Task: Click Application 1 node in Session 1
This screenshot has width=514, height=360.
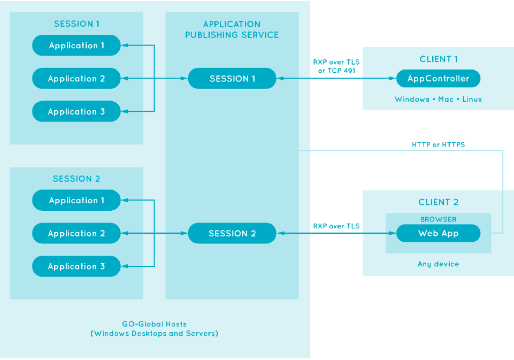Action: [x=76, y=45]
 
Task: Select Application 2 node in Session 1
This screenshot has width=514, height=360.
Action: [x=76, y=79]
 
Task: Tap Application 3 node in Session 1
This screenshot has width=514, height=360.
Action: [x=76, y=112]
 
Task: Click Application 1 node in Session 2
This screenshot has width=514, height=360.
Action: [x=76, y=201]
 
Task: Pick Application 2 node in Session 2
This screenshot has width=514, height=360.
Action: [x=76, y=234]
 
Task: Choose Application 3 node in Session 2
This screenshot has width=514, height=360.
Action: [x=76, y=266]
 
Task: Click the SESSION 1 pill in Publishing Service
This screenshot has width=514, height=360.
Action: [x=232, y=79]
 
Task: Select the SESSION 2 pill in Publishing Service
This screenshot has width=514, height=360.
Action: [x=232, y=234]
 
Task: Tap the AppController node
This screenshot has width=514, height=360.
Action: [x=438, y=79]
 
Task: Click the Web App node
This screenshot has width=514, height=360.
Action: [x=438, y=234]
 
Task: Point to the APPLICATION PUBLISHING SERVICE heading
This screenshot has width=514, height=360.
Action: [x=232, y=29]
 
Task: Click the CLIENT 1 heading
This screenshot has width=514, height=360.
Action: [x=439, y=59]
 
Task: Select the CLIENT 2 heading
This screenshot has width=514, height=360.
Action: [x=438, y=202]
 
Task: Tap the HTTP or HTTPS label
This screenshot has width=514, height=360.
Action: [x=438, y=144]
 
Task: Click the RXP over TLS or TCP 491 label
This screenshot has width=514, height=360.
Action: [x=336, y=66]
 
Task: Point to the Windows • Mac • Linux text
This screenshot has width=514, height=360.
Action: [x=438, y=99]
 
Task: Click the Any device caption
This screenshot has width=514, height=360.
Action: [x=438, y=264]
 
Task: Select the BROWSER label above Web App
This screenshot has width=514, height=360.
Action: [x=438, y=219]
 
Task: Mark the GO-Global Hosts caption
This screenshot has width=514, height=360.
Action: [x=154, y=328]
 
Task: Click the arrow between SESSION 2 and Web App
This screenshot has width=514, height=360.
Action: [x=336, y=234]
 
